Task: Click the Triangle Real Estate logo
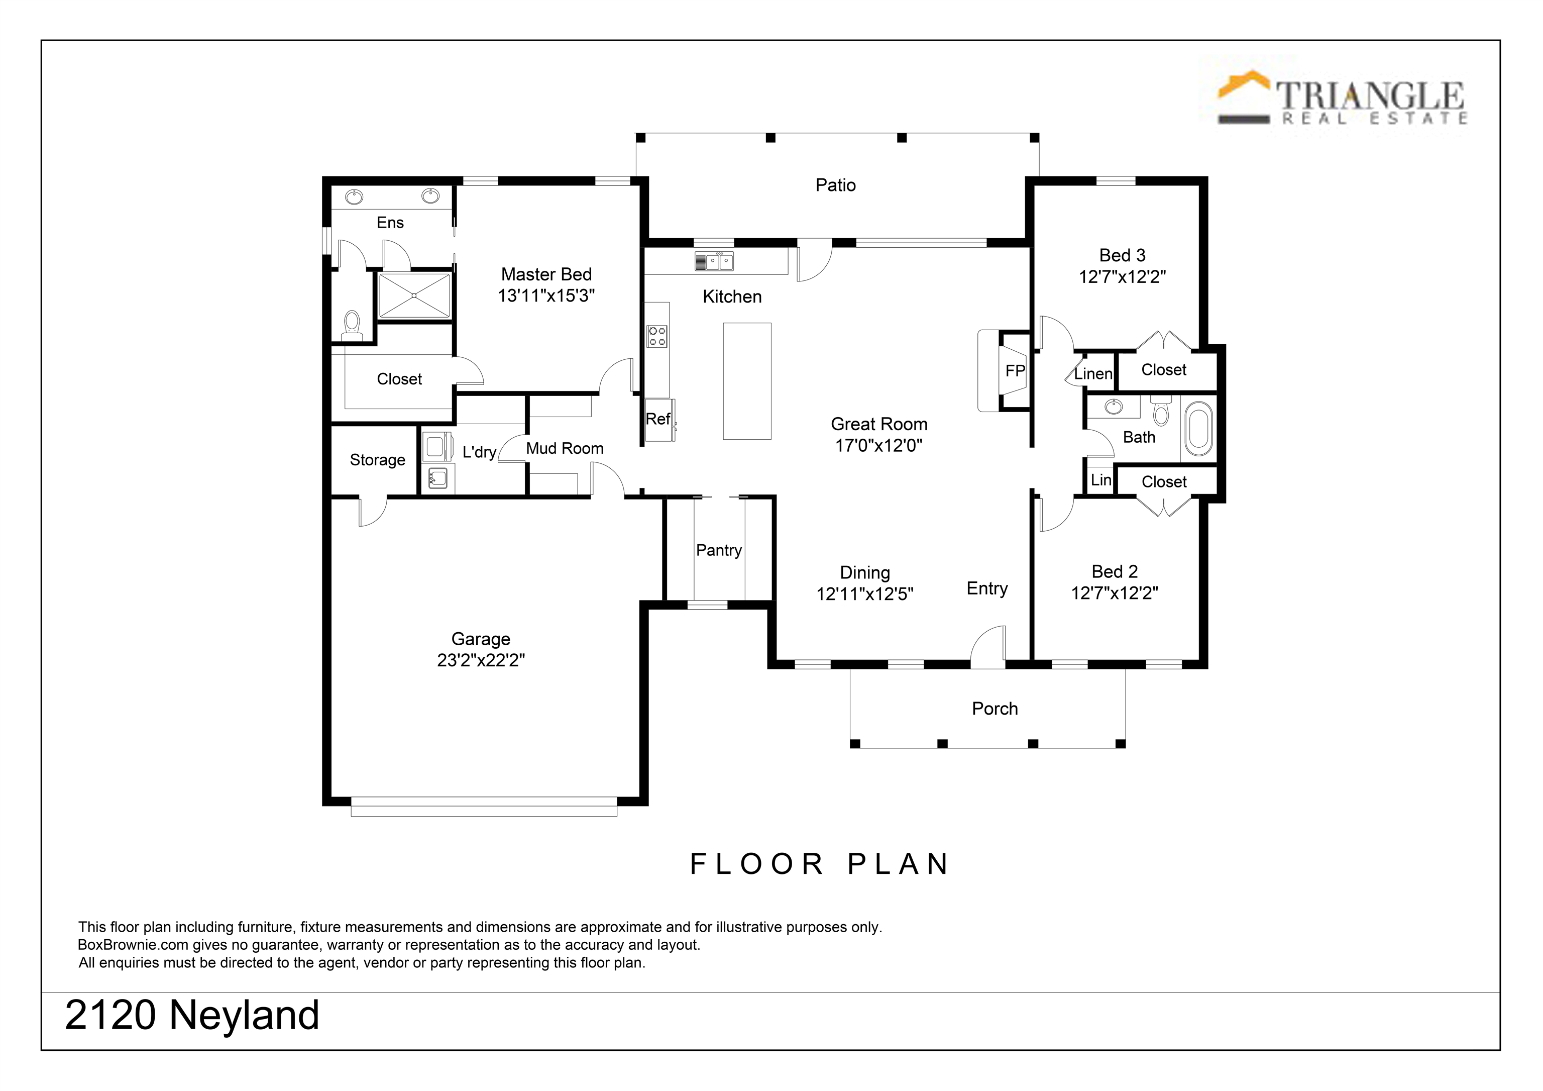coord(1342,97)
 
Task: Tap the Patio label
coord(835,185)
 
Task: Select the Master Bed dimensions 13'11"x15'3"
coord(546,296)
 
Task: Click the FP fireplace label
coord(1015,370)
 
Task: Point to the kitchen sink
coord(714,261)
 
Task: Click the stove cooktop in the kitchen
coord(657,336)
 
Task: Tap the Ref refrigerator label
coord(658,419)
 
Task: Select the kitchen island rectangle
coord(746,381)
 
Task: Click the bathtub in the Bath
coord(1198,428)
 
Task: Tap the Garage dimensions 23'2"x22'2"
coord(481,660)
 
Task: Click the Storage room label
coord(377,460)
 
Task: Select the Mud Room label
coord(565,448)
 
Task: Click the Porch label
coord(995,709)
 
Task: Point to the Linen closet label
coord(1093,374)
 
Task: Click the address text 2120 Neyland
coord(192,1015)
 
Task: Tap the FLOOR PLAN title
coord(820,864)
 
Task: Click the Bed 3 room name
coord(1122,255)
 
